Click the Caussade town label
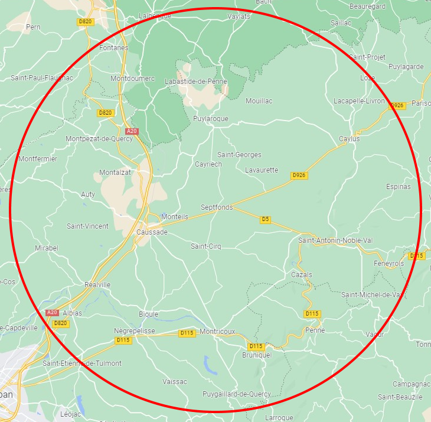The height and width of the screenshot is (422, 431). tap(152, 232)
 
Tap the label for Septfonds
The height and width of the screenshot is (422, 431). tap(217, 207)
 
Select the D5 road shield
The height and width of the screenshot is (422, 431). tap(266, 219)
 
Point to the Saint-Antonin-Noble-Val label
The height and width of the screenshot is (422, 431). tap(336, 240)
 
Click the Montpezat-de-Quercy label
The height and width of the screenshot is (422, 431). tap(99, 139)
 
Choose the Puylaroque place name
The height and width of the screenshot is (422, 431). tap(211, 119)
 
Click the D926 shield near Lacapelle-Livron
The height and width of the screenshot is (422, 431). tap(397, 105)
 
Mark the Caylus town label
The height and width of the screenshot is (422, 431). tap(349, 139)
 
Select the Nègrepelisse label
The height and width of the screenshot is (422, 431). tap(134, 331)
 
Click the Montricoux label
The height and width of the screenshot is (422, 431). tap(217, 332)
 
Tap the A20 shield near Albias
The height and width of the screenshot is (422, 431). tap(52, 312)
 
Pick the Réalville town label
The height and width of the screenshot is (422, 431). tap(97, 284)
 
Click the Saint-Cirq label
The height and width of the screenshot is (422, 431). tap(205, 246)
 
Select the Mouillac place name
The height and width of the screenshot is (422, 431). tap(259, 101)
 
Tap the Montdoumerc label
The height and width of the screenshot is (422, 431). tap(133, 79)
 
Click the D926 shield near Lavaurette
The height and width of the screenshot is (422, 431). tap(300, 176)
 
